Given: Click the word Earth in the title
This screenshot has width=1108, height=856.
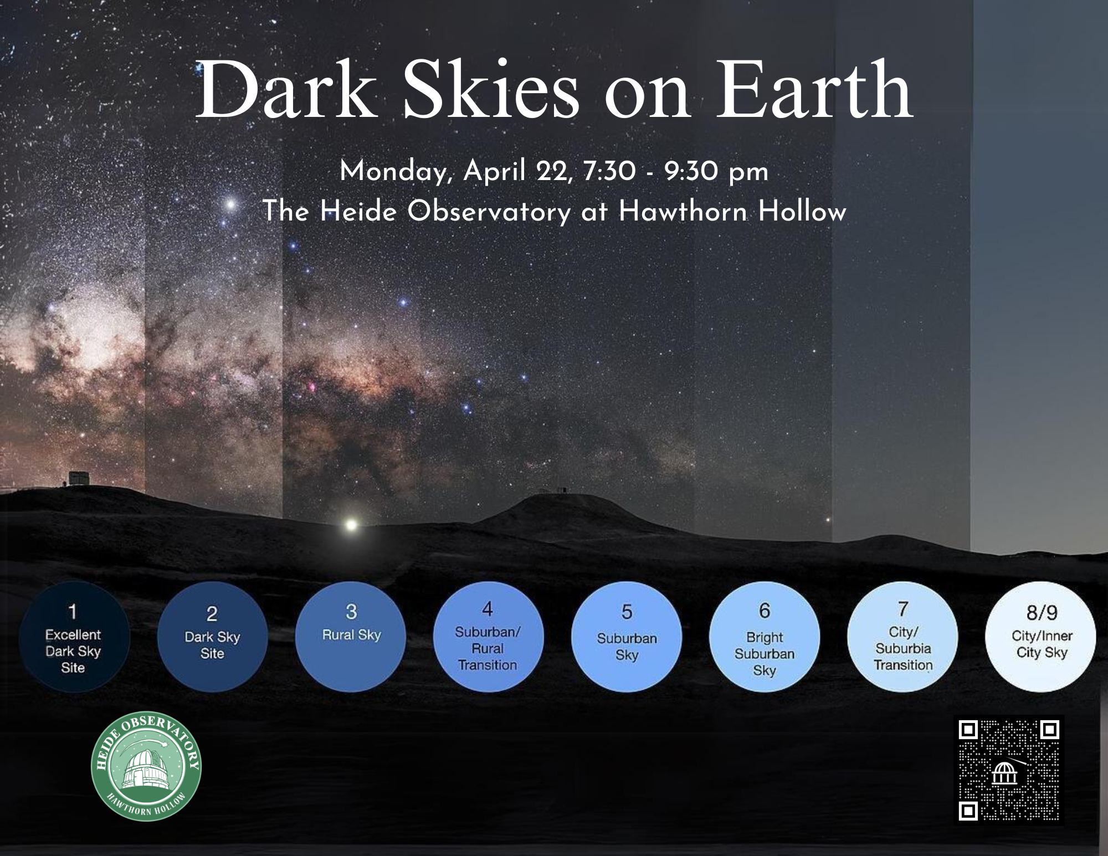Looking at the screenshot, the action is pos(815,90).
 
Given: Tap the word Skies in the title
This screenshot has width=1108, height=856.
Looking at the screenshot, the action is pos(491,90).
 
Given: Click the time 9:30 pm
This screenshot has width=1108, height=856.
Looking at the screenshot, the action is pos(716,172).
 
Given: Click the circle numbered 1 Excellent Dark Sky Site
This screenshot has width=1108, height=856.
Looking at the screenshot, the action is pos(74,637).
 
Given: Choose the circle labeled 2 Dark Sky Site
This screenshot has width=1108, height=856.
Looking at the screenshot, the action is pos(212,637).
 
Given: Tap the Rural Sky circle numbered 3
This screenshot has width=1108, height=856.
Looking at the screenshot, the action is pos(351,637).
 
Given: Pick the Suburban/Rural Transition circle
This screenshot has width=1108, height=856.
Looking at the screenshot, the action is pos(488,637).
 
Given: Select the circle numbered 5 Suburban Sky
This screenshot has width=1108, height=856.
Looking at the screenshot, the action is pos(627,637).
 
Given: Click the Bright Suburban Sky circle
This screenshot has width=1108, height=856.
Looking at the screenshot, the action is pos(765,637).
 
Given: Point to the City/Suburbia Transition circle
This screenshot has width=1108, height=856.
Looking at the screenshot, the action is pos(902,637).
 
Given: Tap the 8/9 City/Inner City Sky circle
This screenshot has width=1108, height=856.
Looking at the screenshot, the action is pos(1041,637).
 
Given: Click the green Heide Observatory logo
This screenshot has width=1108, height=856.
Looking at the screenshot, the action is pos(146,767).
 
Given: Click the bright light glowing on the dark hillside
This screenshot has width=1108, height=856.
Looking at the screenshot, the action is pos(351,524).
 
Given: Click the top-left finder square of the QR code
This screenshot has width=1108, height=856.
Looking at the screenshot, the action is pos(968,730).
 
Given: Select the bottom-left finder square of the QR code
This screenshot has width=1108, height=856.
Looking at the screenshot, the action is pos(968,812).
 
